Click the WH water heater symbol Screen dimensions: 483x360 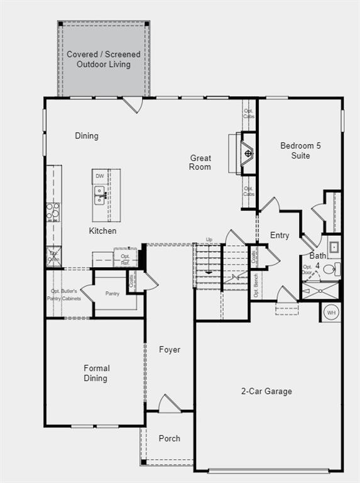(330, 312)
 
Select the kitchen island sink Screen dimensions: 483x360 (100, 195)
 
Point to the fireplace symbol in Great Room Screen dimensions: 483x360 (248, 153)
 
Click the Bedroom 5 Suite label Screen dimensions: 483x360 (300, 150)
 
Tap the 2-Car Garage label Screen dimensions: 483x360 (267, 391)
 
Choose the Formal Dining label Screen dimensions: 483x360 (96, 373)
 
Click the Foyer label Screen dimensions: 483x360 (169, 350)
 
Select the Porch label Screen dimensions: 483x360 (169, 438)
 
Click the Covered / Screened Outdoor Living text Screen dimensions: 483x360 (104, 59)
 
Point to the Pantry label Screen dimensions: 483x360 (112, 294)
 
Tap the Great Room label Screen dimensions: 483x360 (200, 162)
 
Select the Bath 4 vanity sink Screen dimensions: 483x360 (334, 247)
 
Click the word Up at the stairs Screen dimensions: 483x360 (210, 240)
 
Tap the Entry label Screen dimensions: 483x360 (280, 235)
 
